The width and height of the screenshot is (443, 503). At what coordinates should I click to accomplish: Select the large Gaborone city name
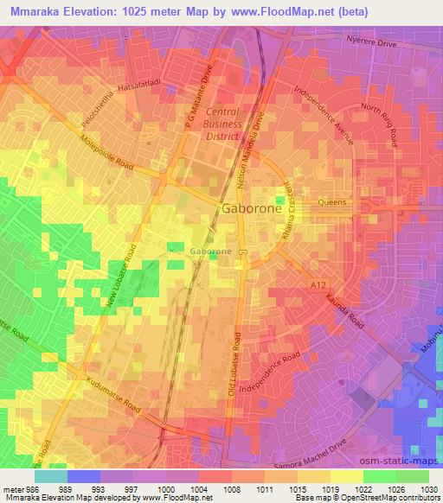251,209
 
